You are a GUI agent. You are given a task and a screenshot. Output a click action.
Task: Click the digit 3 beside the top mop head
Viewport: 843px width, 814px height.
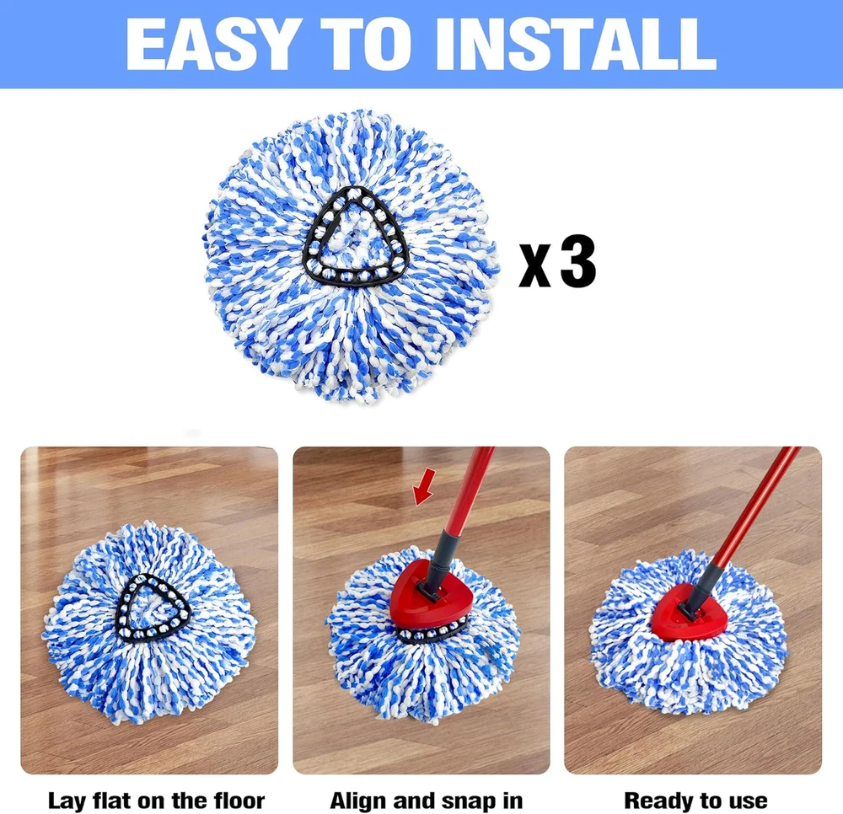(578, 261)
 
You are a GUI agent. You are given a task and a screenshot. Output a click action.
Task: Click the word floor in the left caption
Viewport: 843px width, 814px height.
(239, 800)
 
